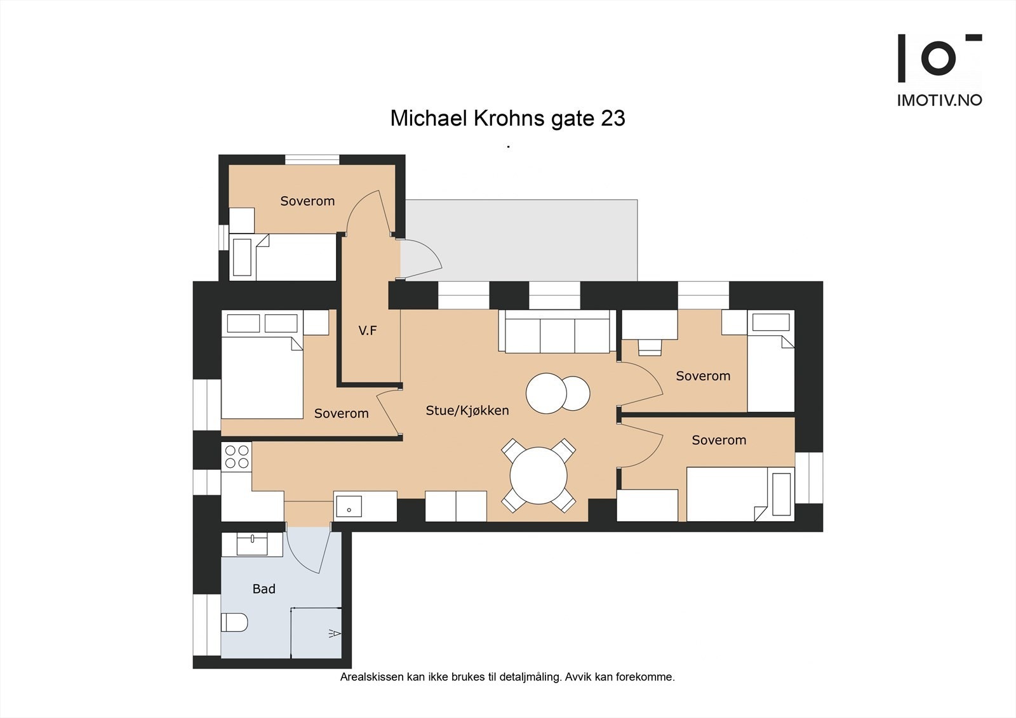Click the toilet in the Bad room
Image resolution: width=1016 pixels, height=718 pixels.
[x=234, y=622]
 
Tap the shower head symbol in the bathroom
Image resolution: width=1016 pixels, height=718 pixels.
[x=335, y=633]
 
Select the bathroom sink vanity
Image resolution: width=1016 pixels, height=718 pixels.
[x=252, y=545]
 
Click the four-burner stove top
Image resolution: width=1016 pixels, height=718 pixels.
[x=236, y=456]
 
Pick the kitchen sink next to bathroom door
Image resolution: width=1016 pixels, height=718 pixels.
[x=349, y=507]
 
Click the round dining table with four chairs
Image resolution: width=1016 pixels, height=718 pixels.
[x=538, y=475]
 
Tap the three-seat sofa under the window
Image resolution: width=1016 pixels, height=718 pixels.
[x=557, y=331]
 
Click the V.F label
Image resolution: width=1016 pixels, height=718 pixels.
[x=368, y=330]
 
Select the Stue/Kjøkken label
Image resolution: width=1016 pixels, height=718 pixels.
[x=467, y=411]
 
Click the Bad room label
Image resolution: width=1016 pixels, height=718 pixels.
[x=264, y=589]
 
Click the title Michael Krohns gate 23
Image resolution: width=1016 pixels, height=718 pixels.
[x=507, y=119]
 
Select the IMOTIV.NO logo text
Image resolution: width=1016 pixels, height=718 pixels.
[x=939, y=100]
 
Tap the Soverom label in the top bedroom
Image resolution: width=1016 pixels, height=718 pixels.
[x=307, y=201]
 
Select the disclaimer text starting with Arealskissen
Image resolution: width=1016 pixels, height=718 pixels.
[x=507, y=677]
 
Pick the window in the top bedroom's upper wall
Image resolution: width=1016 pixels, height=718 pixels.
[x=312, y=159]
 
